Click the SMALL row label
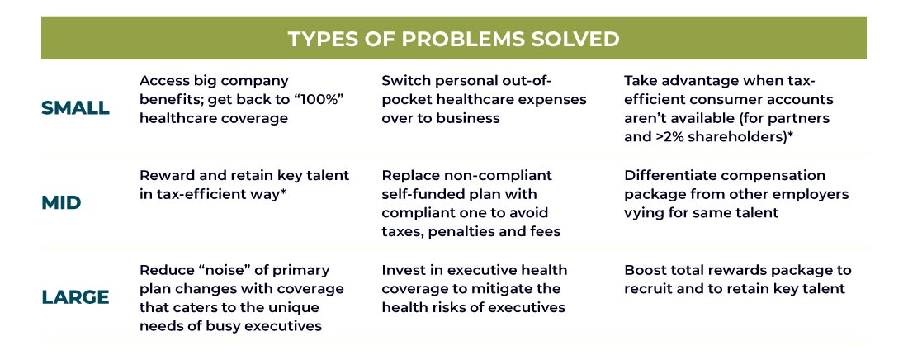point(75,108)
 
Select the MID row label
point(61,203)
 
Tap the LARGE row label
point(75,297)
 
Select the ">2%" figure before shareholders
point(666,137)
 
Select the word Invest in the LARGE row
point(404,270)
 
